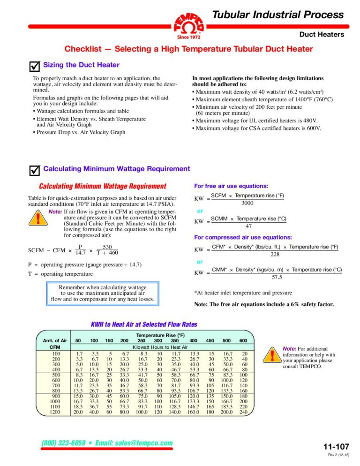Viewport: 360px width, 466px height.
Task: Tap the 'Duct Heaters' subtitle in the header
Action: pos(322,34)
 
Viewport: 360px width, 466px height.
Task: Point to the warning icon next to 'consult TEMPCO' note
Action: pos(272,355)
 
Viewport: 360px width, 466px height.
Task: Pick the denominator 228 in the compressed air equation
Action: pos(275,254)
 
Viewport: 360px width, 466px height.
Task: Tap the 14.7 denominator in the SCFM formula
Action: pos(80,252)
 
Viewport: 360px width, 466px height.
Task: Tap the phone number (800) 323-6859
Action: pos(66,443)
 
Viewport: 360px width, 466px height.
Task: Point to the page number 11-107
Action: pos(336,446)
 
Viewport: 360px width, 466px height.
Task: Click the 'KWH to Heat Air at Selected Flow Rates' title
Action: pos(143,324)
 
